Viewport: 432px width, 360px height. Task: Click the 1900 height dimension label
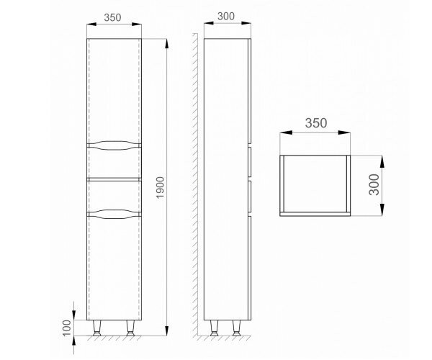pyautogui.click(x=160, y=187)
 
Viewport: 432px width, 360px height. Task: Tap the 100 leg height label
pyautogui.click(x=67, y=328)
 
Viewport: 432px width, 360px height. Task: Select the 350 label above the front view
pyautogui.click(x=112, y=17)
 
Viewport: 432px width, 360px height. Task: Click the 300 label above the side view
pyautogui.click(x=226, y=17)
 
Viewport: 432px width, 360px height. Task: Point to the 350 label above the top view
pyautogui.click(x=316, y=123)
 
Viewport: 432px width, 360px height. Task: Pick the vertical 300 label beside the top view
pyautogui.click(x=374, y=184)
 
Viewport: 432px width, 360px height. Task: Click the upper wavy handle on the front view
pyautogui.click(x=114, y=145)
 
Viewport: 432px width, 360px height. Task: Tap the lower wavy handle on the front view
pyautogui.click(x=114, y=214)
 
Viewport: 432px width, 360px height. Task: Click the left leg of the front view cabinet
pyautogui.click(x=97, y=328)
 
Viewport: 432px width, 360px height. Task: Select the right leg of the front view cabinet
pyautogui.click(x=130, y=328)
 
